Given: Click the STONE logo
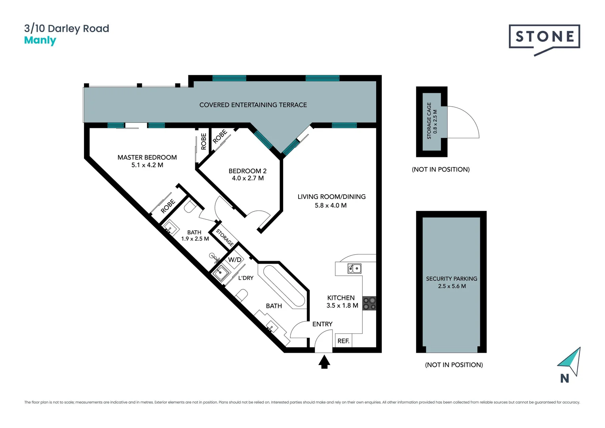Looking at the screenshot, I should click(x=544, y=37).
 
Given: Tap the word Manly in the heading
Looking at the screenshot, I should click(x=40, y=40).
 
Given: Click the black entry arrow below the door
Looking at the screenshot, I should click(x=324, y=361).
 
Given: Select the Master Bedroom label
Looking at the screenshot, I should click(x=147, y=157).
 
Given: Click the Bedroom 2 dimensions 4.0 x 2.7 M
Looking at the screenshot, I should click(x=247, y=178).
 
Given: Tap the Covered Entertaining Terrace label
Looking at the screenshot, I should click(x=253, y=105).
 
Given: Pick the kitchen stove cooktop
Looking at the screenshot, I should click(x=369, y=303).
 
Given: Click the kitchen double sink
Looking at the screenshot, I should click(x=354, y=269).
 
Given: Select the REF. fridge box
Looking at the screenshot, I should click(x=343, y=341).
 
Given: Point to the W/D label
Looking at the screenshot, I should click(x=235, y=260).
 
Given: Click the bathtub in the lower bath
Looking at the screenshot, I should click(x=285, y=286).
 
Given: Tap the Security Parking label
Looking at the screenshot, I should click(x=451, y=279).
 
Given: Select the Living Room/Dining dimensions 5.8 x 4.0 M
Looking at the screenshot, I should click(x=331, y=206).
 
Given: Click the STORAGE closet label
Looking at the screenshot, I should click(x=224, y=237).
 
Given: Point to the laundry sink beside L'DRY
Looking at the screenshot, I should click(x=220, y=273).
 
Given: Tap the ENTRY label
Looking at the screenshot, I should click(x=322, y=324).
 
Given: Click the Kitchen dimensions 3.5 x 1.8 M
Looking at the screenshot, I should click(x=342, y=306).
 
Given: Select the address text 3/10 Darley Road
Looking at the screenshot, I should click(x=67, y=29).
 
